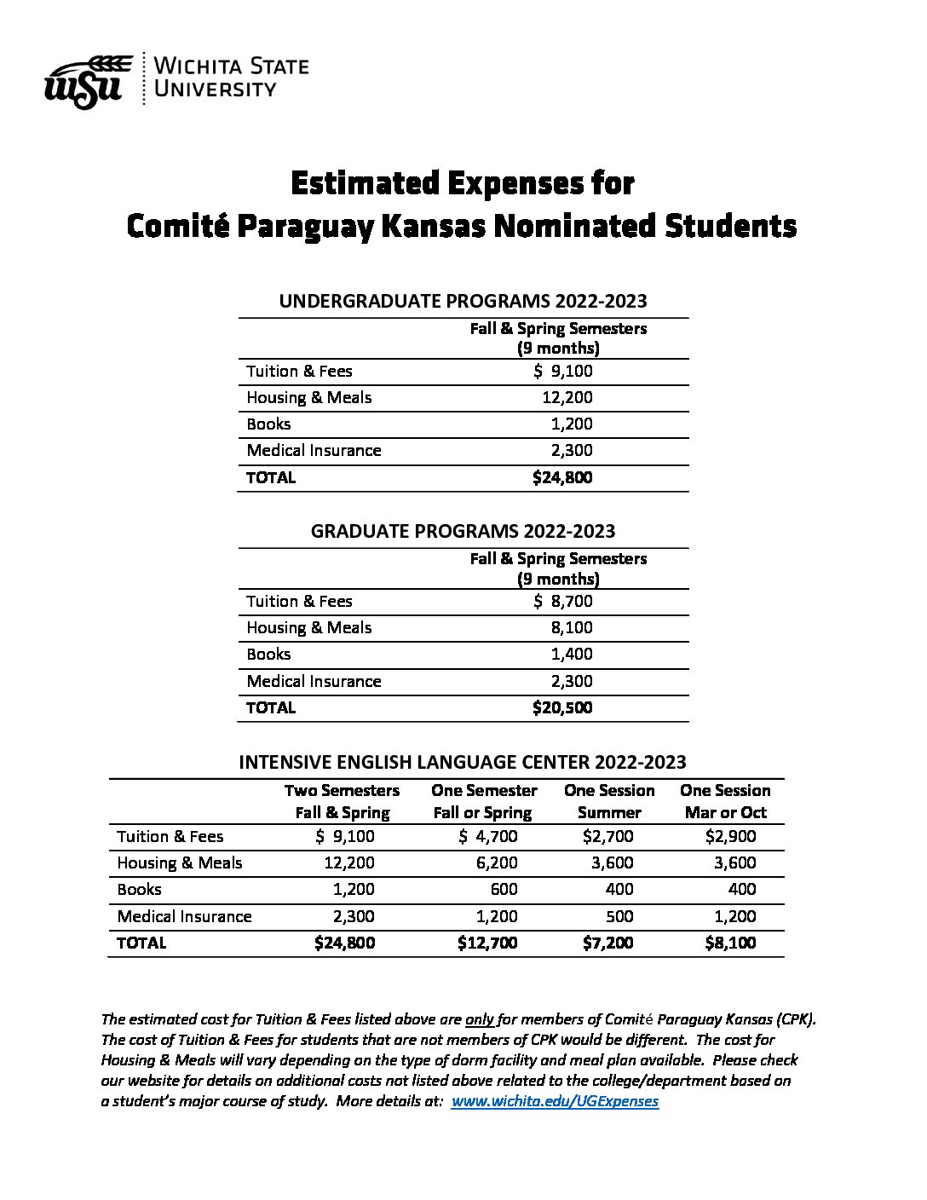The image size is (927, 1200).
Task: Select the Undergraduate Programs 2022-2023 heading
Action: (463, 301)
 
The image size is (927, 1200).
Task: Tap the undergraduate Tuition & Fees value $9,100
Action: (562, 371)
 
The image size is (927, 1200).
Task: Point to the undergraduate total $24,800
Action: (561, 477)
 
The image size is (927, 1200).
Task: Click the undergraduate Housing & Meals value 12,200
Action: (567, 397)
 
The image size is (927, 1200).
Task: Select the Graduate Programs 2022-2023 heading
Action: (463, 531)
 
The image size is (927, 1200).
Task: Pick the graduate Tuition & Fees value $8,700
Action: (562, 601)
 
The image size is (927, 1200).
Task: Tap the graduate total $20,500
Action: (561, 707)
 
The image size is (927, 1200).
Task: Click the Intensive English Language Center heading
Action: (463, 762)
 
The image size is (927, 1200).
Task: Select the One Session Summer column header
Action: (609, 801)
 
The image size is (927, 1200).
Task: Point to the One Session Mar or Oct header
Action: (725, 801)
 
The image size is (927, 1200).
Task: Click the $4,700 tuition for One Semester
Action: (487, 836)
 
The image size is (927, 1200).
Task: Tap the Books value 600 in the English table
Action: (503, 889)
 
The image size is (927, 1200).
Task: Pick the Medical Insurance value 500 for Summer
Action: (619, 916)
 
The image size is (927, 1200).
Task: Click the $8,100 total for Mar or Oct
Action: (730, 943)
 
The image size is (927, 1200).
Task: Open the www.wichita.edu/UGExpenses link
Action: (555, 1101)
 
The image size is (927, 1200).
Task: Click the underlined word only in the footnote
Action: (480, 1018)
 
